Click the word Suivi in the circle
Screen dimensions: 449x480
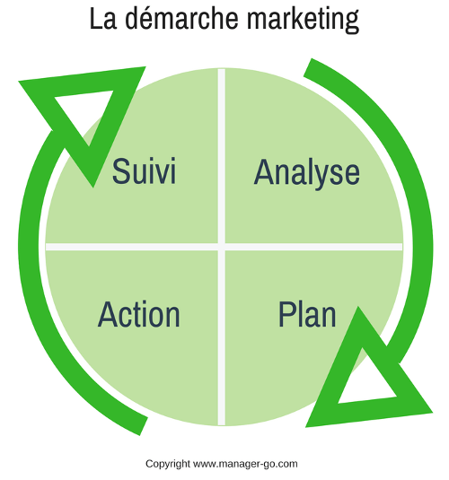144,170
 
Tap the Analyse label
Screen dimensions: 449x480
307,173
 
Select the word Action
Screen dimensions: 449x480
139,314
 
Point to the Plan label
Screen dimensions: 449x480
307,314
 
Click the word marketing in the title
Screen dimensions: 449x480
303,20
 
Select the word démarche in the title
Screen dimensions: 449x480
181,18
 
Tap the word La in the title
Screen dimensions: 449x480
103,19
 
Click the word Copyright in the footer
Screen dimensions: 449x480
168,464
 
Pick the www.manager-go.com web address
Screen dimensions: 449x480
245,464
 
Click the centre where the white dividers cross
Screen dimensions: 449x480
221,247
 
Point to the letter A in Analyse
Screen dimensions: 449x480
264,171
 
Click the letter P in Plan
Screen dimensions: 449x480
286,314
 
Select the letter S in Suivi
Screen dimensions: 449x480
121,170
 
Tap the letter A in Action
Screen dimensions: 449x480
108,314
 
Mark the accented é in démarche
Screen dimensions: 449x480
154,19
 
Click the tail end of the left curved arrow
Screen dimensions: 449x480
144,426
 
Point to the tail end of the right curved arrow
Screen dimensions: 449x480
308,67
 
